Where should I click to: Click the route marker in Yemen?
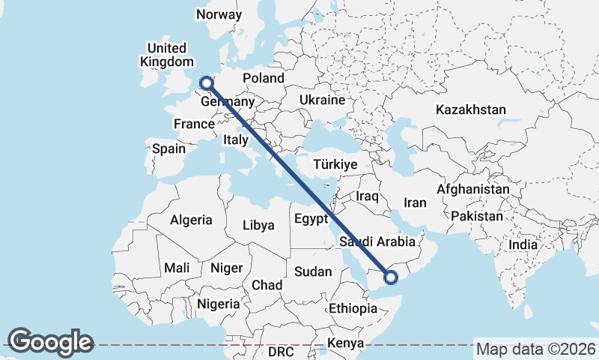point(390,278)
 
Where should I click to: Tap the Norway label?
point(219,15)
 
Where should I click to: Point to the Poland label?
point(263,78)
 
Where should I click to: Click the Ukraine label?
point(322,100)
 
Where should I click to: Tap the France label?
point(194,124)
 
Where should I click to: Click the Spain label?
point(168,148)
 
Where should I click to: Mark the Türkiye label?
point(335,165)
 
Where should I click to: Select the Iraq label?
point(368,196)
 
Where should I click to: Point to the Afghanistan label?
point(473,190)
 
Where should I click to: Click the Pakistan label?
point(477,216)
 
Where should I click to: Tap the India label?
point(523,244)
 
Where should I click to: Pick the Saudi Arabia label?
point(377,242)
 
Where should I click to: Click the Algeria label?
point(191,220)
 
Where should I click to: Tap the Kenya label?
point(344,343)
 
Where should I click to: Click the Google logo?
point(50,342)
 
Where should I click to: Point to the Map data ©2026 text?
point(536,349)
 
